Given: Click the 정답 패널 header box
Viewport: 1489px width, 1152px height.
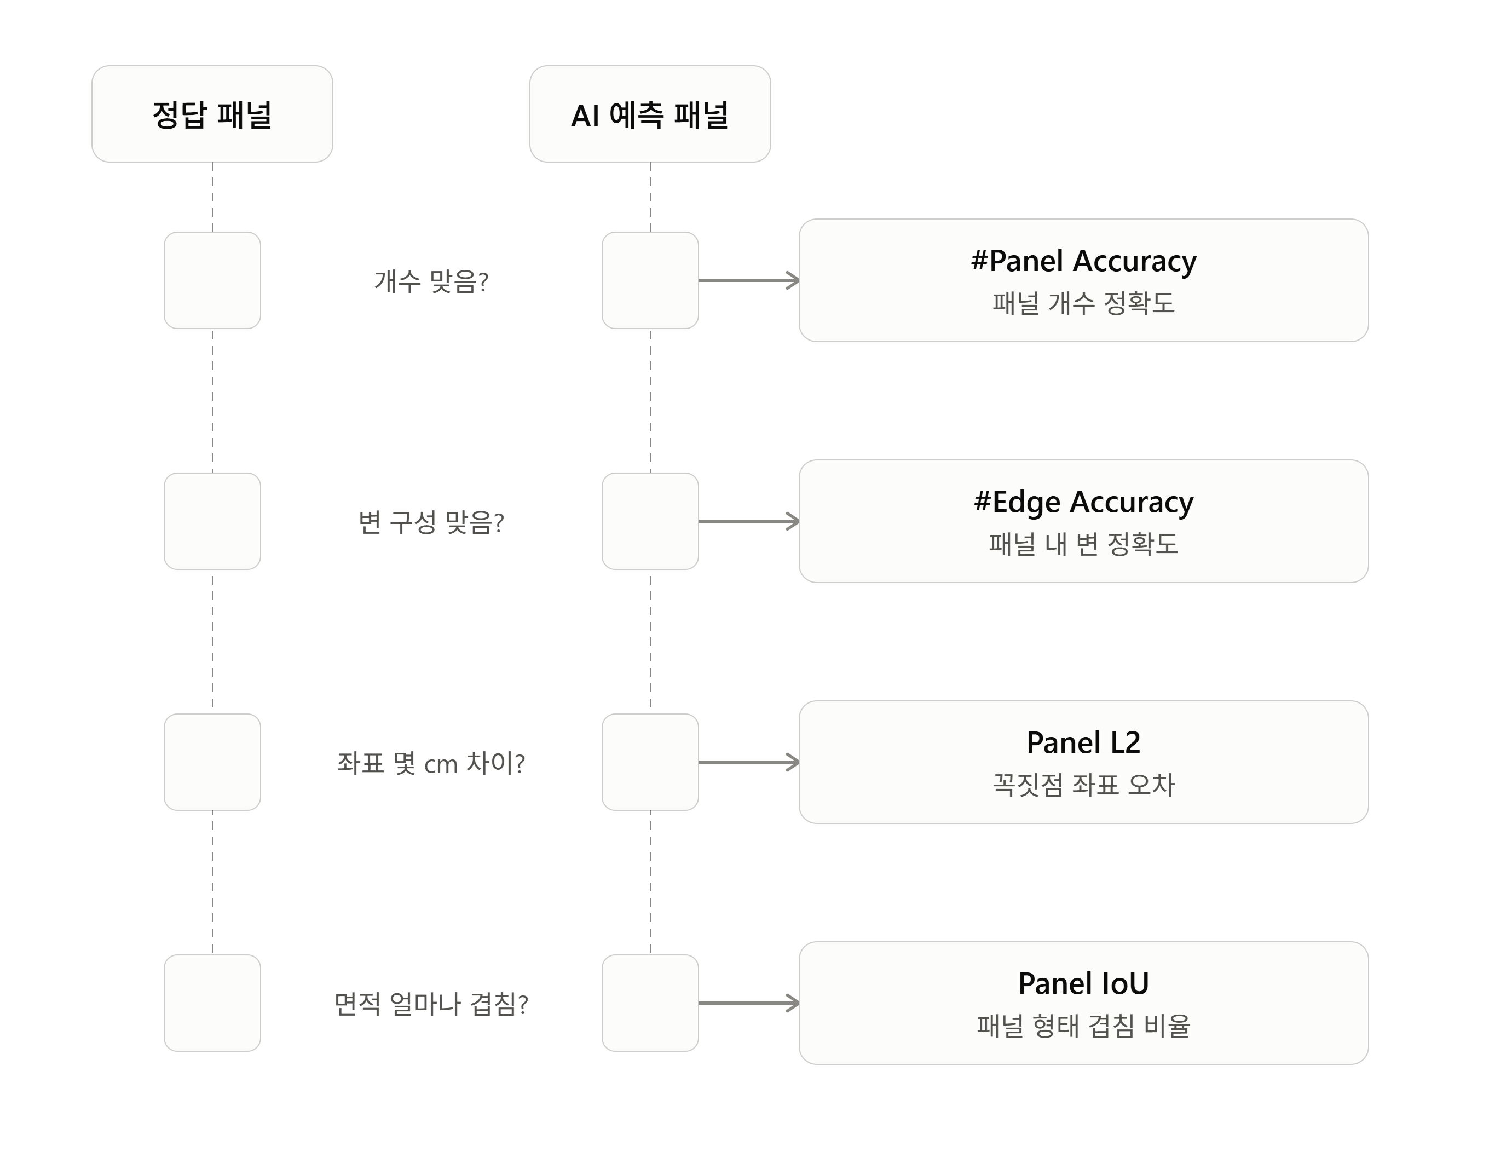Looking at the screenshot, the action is coord(212,114).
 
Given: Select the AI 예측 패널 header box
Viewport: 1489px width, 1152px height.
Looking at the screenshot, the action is coord(650,114).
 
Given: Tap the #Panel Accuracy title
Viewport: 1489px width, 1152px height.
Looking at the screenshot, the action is coord(1083,261).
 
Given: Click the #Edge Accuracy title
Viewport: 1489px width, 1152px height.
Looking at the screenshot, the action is coord(1083,502).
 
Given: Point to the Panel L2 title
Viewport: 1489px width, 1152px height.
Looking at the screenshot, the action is coord(1083,743).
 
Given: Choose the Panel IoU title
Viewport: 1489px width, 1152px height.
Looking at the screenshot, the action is coord(1083,983).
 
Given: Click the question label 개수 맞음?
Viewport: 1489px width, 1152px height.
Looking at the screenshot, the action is coord(431,281).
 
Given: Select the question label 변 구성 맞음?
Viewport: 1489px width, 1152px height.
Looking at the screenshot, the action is coord(431,522).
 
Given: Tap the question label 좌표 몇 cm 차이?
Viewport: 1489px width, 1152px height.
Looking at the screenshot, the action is coord(431,763).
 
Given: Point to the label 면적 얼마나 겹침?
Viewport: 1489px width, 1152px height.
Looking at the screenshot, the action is coord(431,1004).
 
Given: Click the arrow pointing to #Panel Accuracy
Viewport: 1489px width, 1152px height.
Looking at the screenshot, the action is coord(748,280).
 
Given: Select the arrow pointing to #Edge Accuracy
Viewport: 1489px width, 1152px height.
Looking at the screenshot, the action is coord(748,521).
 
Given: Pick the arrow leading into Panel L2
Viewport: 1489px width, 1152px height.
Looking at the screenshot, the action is coord(748,762).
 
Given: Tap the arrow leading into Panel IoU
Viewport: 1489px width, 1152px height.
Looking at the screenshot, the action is coord(748,1003).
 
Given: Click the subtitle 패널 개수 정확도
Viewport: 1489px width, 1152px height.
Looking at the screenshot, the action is coord(1083,303).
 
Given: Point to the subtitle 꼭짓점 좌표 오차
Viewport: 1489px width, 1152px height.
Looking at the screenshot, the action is coord(1083,785).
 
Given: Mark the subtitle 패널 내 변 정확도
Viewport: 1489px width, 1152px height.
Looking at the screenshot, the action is coord(1083,544).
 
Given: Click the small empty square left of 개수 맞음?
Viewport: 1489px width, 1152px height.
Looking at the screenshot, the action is coord(212,280).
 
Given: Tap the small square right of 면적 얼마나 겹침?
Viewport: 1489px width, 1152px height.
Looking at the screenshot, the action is coord(650,1003).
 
